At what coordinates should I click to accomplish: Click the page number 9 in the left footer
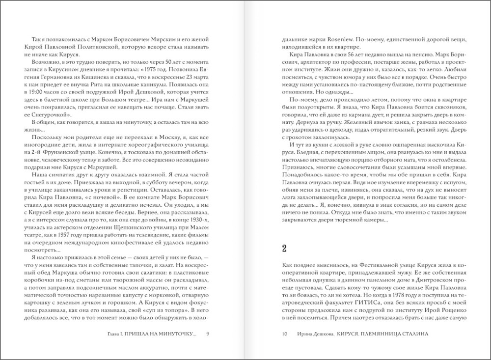[208, 334]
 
